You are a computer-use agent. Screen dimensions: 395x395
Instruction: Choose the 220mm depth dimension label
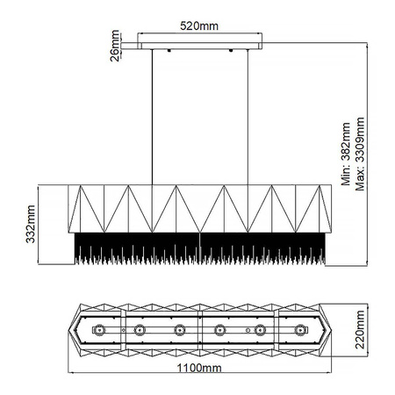[x=361, y=328]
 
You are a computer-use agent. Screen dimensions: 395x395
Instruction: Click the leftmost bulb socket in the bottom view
[x=98, y=330]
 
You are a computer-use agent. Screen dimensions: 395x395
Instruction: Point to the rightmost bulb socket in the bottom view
[x=301, y=330]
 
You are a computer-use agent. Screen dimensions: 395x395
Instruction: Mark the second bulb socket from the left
[x=139, y=330]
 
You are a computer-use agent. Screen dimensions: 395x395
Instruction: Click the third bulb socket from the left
[x=180, y=330]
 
